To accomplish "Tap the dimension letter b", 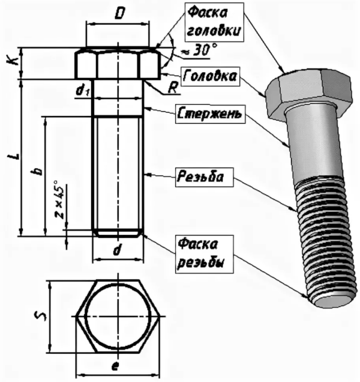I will point(37,171).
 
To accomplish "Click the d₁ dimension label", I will point(83,90).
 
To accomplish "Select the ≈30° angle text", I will point(196,52).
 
